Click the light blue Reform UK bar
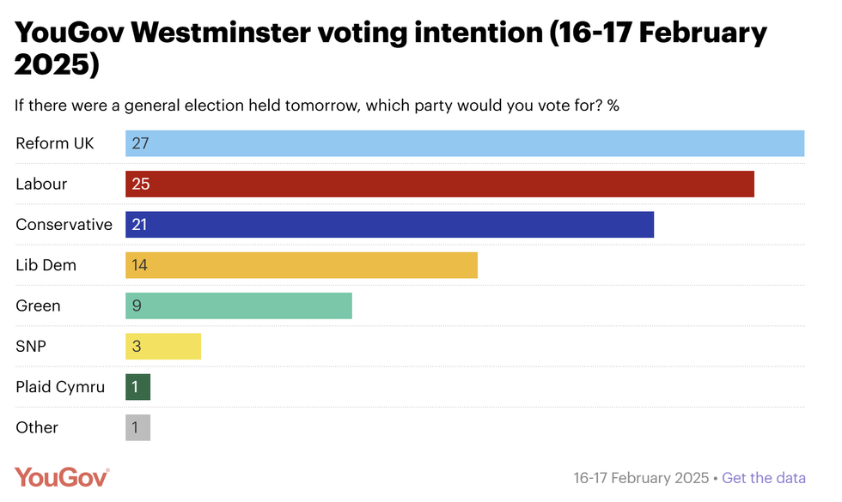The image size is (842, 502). click(x=464, y=143)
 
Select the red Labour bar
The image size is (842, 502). click(x=439, y=184)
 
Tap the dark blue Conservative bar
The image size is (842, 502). click(x=389, y=225)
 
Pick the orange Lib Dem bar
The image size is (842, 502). click(x=301, y=265)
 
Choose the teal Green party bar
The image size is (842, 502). click(x=239, y=305)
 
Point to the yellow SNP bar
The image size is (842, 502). click(x=163, y=347)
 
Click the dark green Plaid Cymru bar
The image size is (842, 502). click(x=137, y=387)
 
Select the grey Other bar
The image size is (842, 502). click(x=137, y=427)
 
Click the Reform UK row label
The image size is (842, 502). click(x=55, y=143)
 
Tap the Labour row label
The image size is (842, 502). click(x=41, y=184)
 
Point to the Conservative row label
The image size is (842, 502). click(x=64, y=225)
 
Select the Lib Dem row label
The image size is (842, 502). click(x=46, y=265)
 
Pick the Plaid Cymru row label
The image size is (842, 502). click(x=60, y=387)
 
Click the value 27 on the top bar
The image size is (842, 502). click(x=140, y=143)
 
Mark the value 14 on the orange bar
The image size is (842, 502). click(x=139, y=265)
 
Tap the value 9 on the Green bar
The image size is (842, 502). click(x=137, y=305)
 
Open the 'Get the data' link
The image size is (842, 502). click(x=764, y=478)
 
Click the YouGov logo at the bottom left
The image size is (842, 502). click(x=62, y=477)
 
